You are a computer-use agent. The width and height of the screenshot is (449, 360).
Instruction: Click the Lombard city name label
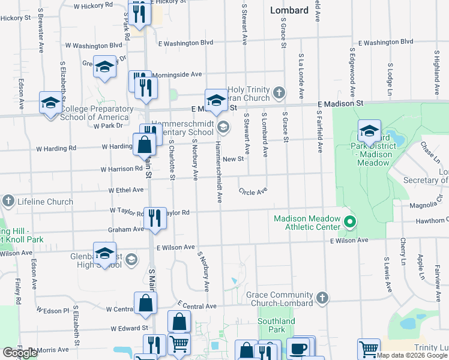[289, 10]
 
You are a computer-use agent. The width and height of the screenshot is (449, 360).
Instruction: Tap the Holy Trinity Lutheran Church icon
[278, 92]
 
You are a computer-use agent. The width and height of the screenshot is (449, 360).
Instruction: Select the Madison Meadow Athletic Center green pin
[349, 223]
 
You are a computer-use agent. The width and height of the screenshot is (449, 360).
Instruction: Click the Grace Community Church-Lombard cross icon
[322, 297]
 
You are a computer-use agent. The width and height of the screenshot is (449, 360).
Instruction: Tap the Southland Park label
[276, 325]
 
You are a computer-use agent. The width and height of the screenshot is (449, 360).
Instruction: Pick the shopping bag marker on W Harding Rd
[144, 145]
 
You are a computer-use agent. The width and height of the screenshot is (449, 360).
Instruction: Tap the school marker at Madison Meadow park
[369, 131]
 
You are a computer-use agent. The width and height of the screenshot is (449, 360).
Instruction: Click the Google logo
[20, 353]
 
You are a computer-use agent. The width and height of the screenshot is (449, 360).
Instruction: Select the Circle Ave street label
[253, 192]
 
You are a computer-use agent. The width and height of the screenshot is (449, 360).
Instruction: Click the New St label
[232, 159]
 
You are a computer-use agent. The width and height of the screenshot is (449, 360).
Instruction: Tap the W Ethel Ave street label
[126, 190]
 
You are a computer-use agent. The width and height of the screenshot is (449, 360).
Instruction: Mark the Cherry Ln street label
[403, 252]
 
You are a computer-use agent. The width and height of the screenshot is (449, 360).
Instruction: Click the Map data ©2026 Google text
[412, 355]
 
